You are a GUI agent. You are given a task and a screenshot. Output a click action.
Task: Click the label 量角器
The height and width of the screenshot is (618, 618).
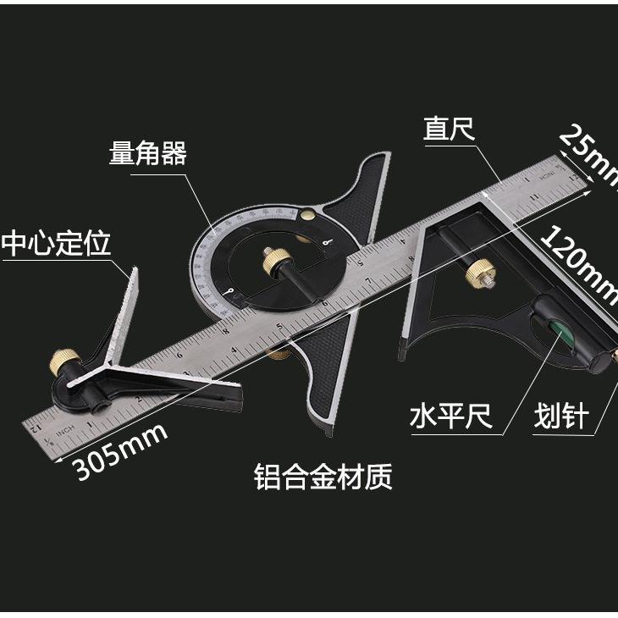(x=147, y=153)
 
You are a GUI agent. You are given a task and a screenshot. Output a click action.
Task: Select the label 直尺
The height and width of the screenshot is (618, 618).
(x=449, y=130)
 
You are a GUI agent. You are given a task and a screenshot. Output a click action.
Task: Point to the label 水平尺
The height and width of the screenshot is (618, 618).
(x=451, y=417)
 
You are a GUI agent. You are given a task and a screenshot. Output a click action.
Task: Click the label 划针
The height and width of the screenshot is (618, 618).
(x=560, y=417)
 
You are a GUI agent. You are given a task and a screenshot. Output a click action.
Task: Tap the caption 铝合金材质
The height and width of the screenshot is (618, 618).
(x=323, y=477)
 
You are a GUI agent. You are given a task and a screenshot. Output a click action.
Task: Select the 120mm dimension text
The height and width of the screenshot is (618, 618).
(x=580, y=262)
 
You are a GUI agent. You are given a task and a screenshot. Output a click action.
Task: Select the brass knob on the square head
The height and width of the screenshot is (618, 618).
(x=478, y=272)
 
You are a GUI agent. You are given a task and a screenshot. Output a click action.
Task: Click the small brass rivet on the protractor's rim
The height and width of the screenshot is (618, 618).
(x=311, y=216)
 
